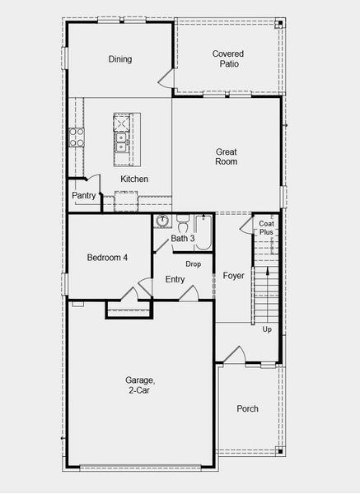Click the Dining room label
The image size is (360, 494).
120,59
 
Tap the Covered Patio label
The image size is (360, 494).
227,58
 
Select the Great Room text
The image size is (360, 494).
227,156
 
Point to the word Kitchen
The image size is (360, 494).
134,179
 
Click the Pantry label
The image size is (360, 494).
84,196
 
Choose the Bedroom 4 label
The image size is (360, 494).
107,258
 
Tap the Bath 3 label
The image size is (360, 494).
182,239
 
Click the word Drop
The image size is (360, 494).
194,264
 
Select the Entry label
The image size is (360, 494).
175,280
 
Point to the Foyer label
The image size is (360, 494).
234,276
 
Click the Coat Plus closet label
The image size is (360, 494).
266,228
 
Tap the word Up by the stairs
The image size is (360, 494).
266,329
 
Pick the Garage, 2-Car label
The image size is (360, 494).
140,385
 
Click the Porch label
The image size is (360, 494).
247,409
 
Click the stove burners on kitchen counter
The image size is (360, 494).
77,137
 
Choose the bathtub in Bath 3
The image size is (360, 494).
204,231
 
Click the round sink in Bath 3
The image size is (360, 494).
163,221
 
